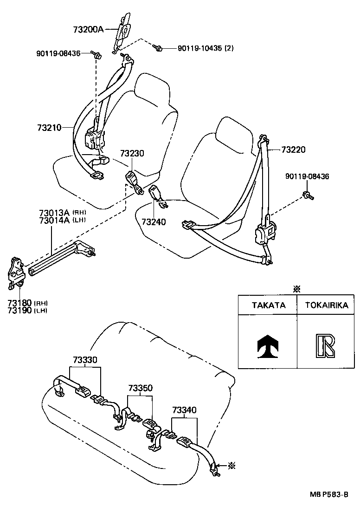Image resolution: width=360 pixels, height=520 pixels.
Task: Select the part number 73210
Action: point(49,127)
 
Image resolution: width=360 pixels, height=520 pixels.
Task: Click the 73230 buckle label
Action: point(132,153)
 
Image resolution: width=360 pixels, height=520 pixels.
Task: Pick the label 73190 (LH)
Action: point(27,310)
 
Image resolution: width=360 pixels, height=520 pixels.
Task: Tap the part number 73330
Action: point(85,360)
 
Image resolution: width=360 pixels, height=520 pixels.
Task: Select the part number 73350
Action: point(141,388)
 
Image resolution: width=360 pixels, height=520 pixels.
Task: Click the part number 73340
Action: point(184,410)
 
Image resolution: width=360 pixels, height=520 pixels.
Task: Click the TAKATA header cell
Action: point(268,305)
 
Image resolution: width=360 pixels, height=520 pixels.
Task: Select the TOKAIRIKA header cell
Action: point(326,305)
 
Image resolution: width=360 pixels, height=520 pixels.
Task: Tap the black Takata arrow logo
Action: point(268,344)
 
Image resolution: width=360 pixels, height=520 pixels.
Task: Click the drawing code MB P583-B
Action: point(329,507)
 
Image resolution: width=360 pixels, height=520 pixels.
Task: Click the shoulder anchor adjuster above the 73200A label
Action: point(123,29)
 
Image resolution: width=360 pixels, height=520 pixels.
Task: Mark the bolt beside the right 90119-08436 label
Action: point(308,195)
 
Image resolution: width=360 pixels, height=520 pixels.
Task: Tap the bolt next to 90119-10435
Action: point(158,47)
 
